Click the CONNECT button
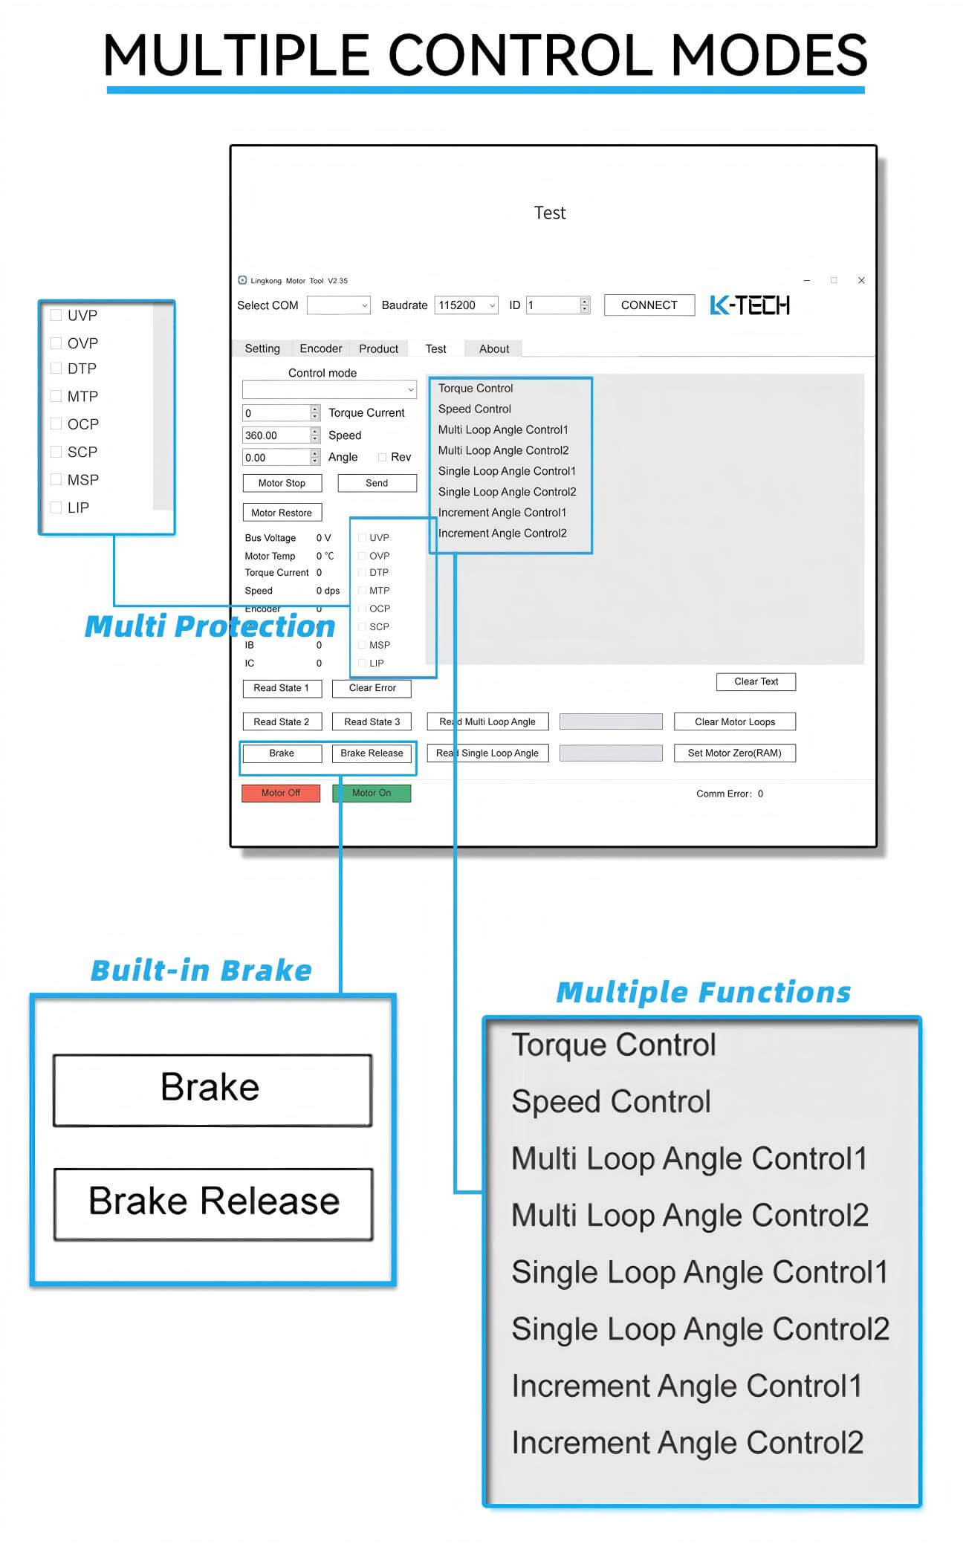649,305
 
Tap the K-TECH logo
750,305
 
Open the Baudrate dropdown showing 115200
466,305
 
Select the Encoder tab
320,348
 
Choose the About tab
494,348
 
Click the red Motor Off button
281,793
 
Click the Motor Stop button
282,483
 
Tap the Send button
377,483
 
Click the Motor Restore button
282,513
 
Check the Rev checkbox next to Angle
382,457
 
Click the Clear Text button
756,681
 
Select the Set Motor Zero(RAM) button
734,753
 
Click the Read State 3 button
372,721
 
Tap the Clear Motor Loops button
734,721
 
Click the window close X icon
861,280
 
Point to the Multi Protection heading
210,626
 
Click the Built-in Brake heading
201,970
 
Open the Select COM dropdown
338,305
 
